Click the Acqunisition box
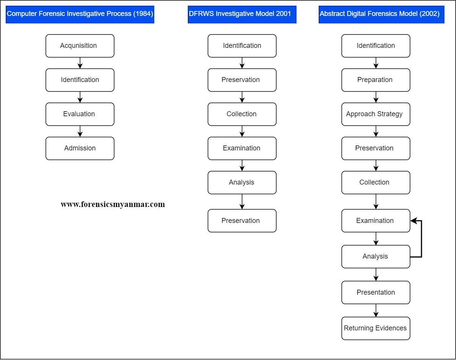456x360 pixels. click(80, 46)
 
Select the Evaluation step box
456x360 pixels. click(80, 114)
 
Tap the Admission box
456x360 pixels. click(80, 148)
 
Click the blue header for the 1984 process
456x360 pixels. click(80, 14)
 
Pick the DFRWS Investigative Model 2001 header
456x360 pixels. click(242, 14)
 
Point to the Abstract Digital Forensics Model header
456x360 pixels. click(381, 14)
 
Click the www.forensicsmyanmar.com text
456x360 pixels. click(113, 204)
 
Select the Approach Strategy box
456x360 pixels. click(376, 114)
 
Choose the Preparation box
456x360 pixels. click(376, 80)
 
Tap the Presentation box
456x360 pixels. click(376, 292)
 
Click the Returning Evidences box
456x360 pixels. click(376, 328)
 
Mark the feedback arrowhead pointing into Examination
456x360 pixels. click(414, 221)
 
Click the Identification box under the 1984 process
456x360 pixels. click(80, 80)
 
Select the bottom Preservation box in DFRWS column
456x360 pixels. click(242, 221)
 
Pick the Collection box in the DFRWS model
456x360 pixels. click(242, 114)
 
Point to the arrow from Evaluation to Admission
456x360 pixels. click(80, 131)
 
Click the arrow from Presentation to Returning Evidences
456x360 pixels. click(376, 311)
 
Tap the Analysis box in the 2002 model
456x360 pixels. click(376, 257)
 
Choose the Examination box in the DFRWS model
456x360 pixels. click(242, 148)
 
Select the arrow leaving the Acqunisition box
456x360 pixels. click(80, 63)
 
